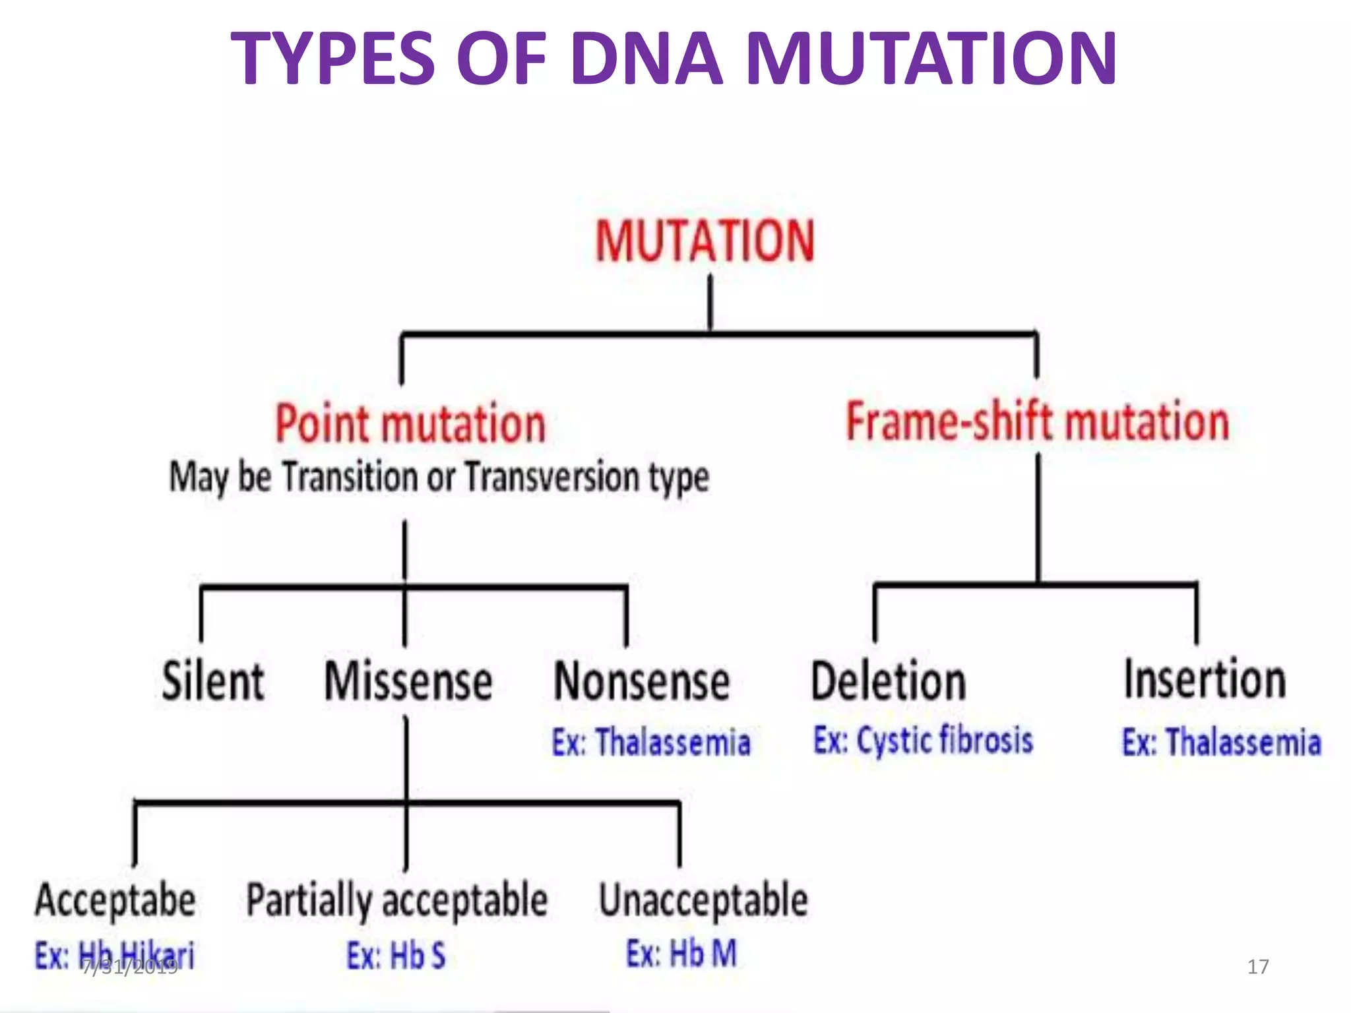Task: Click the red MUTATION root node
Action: (x=705, y=241)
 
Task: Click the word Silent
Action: (x=212, y=681)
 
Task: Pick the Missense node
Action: (x=408, y=681)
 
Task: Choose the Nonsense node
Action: (x=641, y=681)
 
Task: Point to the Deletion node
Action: (x=888, y=681)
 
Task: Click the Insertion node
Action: (x=1205, y=679)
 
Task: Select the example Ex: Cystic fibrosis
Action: (x=923, y=740)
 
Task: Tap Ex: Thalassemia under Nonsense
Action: (x=651, y=743)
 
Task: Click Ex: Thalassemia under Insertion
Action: (x=1222, y=743)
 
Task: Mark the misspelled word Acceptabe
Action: (x=115, y=901)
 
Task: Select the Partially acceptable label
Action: (x=396, y=901)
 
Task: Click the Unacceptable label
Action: (x=703, y=901)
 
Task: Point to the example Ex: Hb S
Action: (x=396, y=955)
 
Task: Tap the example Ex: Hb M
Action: (x=681, y=954)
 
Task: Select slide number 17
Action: (x=1257, y=967)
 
